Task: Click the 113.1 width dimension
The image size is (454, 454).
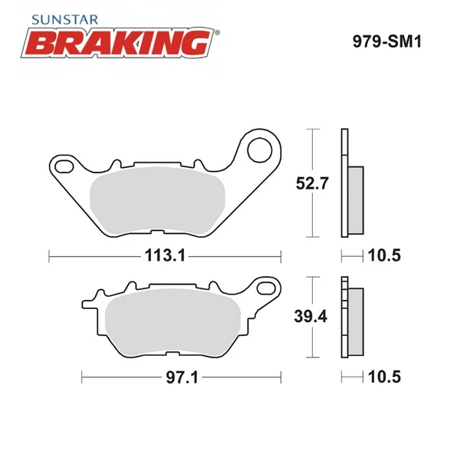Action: click(165, 255)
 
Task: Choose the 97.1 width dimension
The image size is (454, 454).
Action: click(179, 377)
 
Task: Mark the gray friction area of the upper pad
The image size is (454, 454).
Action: click(156, 202)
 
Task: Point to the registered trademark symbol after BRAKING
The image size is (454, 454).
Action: click(217, 33)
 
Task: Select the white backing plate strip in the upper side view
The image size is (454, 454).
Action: click(344, 184)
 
